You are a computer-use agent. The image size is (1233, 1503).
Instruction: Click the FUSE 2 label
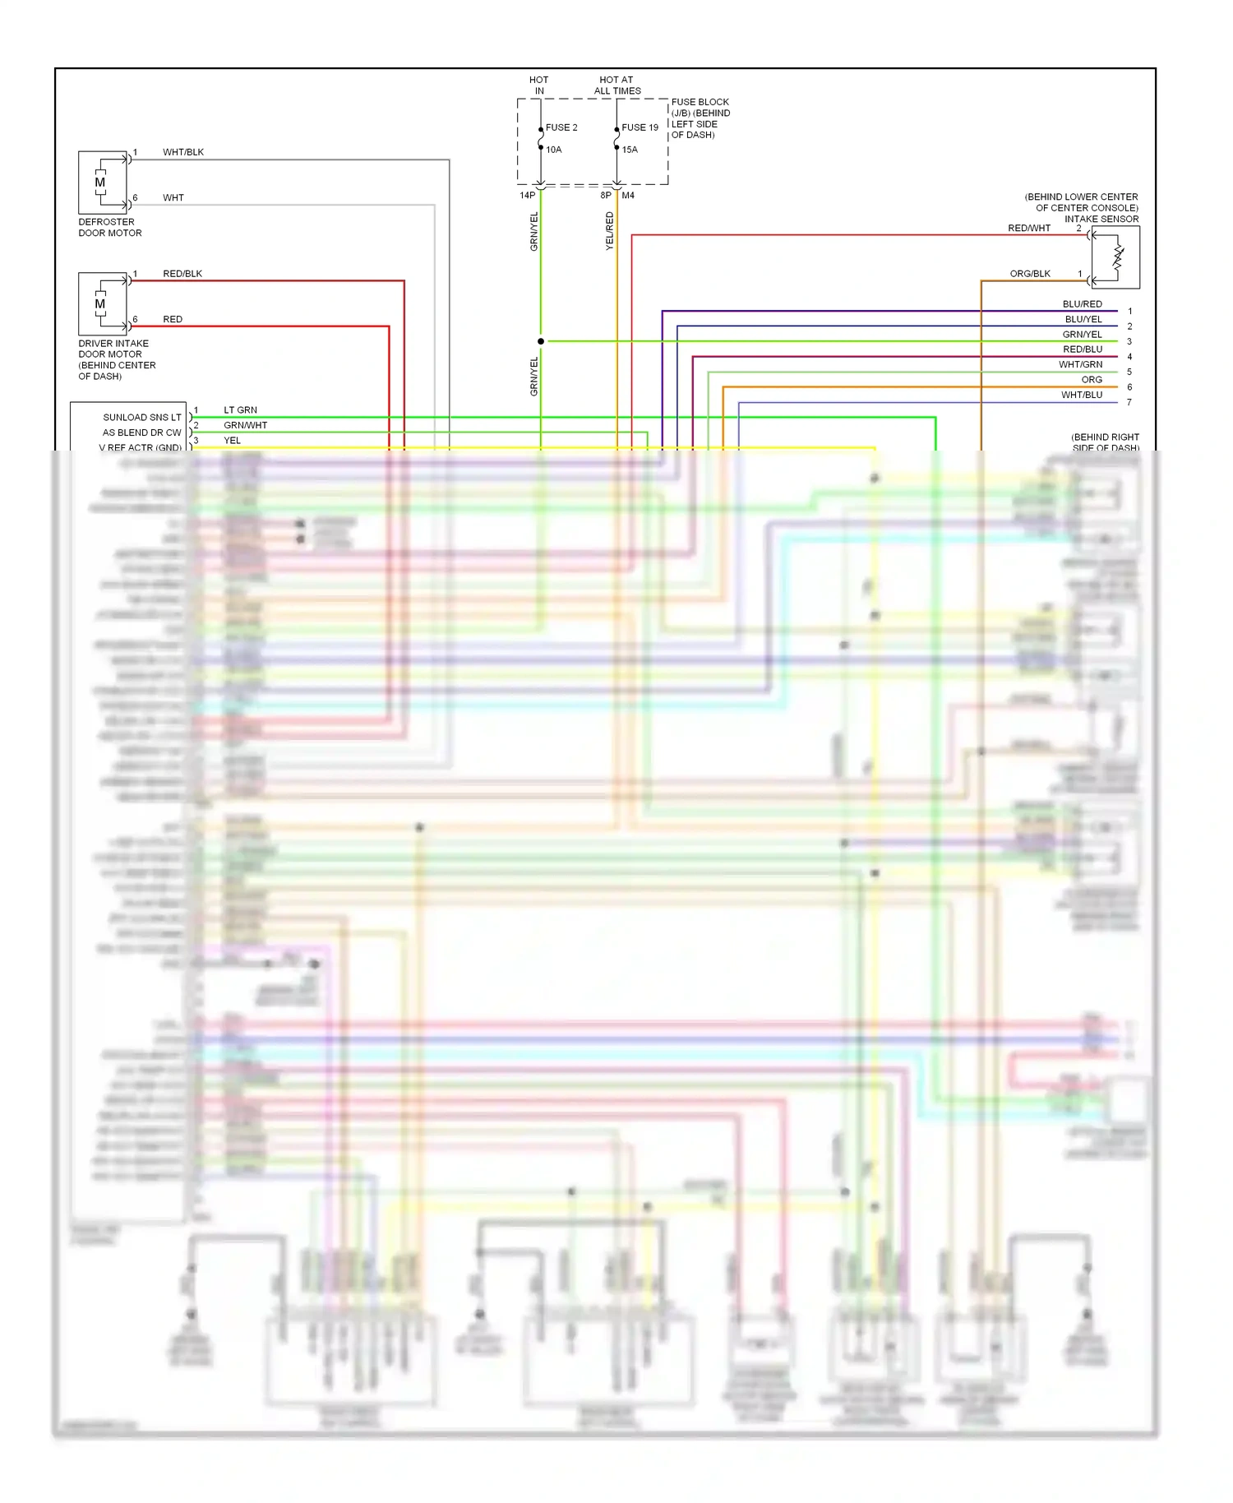tap(561, 127)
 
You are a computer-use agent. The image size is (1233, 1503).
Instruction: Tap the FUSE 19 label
tap(640, 127)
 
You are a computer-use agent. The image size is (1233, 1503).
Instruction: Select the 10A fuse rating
tap(554, 150)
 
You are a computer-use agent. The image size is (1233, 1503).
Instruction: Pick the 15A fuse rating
tap(630, 150)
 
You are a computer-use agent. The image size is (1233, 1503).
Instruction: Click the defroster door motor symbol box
tap(103, 183)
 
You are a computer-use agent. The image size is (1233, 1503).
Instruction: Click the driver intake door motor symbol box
tap(103, 304)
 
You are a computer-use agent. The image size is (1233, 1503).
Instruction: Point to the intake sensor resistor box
tap(1116, 257)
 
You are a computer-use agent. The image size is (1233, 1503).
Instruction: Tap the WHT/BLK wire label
tap(183, 152)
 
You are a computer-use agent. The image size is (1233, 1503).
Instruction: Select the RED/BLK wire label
tap(182, 274)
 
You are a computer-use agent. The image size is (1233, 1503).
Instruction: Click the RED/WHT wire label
tap(1029, 229)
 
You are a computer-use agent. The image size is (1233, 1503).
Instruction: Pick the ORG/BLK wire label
tap(1030, 274)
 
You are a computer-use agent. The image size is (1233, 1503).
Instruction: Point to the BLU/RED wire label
tap(1082, 304)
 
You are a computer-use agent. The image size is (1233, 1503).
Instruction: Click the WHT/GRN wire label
tap(1080, 364)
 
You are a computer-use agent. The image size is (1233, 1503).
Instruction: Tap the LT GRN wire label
tap(240, 409)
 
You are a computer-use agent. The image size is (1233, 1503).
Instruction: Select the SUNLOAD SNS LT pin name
tap(142, 418)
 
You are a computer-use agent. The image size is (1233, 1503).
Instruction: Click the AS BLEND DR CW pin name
tap(141, 432)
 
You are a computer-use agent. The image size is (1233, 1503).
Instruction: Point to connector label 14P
tap(527, 196)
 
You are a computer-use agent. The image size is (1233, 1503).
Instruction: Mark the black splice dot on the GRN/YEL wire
tap(541, 341)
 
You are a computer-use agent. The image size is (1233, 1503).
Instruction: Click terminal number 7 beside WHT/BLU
tap(1129, 402)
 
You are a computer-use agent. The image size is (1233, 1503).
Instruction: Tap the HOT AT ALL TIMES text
tap(617, 86)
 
